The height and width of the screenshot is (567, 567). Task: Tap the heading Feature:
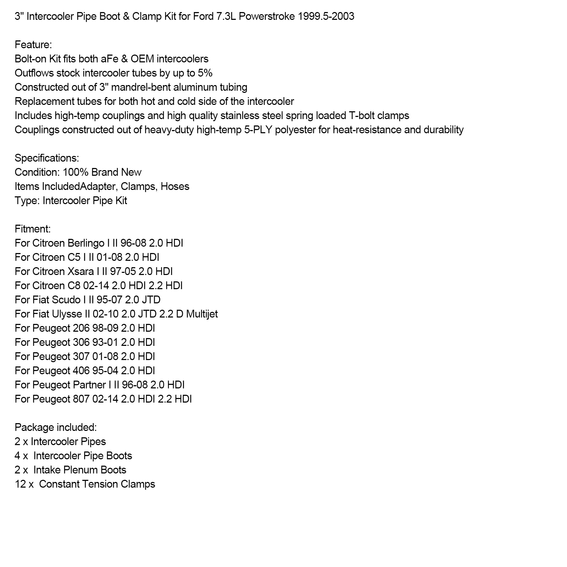pyautogui.click(x=33, y=45)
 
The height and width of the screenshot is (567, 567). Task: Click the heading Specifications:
pyautogui.click(x=47, y=158)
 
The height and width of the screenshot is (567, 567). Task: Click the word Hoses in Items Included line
pyautogui.click(x=175, y=187)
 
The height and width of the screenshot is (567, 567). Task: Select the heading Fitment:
pyautogui.click(x=33, y=229)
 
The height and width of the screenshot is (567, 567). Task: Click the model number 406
pyautogui.click(x=81, y=371)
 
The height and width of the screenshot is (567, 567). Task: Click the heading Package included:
pyautogui.click(x=56, y=428)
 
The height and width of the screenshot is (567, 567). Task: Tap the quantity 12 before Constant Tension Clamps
pyautogui.click(x=19, y=484)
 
